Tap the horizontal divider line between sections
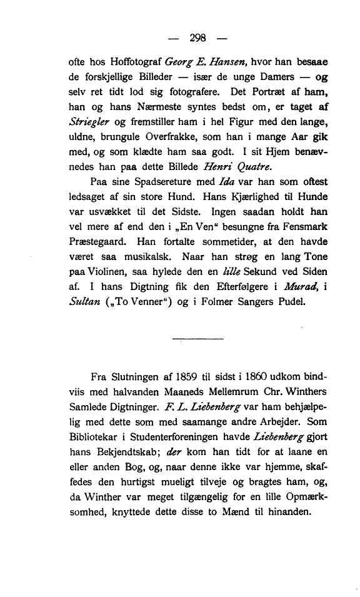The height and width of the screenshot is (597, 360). coord(197,340)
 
